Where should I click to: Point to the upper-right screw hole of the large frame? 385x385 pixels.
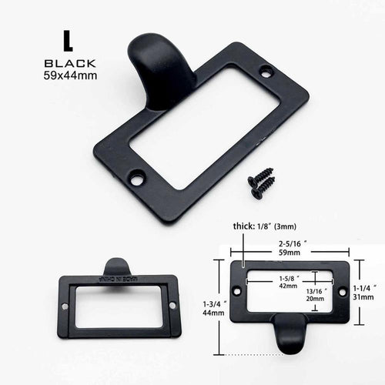point(266,73)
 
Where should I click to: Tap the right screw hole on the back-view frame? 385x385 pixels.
point(171,306)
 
